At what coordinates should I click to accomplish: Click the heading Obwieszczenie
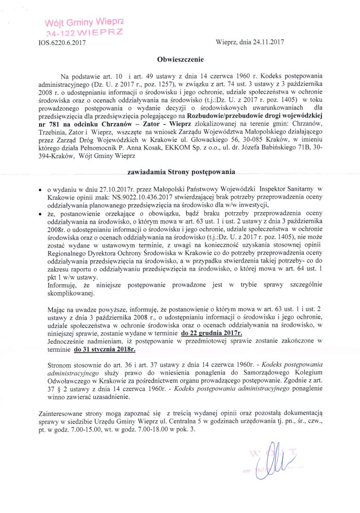[180, 60]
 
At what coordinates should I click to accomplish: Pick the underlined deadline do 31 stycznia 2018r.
[107, 350]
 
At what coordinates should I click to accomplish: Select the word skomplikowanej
[71, 293]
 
